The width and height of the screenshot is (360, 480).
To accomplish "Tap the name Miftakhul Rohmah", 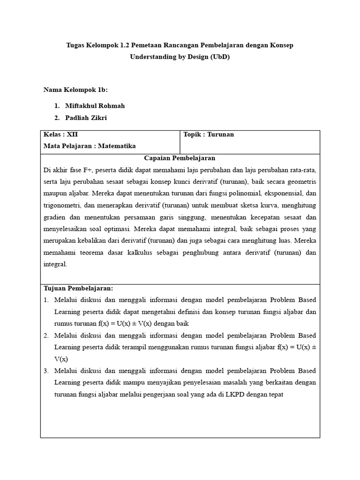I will pos(95,106).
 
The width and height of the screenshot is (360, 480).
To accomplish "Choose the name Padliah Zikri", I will pos(86,118).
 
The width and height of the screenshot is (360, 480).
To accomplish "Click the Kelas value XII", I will pos(73,135).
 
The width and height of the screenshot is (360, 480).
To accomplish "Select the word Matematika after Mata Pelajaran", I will pos(116,146).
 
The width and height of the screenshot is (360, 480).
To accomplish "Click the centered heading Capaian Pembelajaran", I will pos(180,158).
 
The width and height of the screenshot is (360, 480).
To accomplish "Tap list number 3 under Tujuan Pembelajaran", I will pos(46,371).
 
